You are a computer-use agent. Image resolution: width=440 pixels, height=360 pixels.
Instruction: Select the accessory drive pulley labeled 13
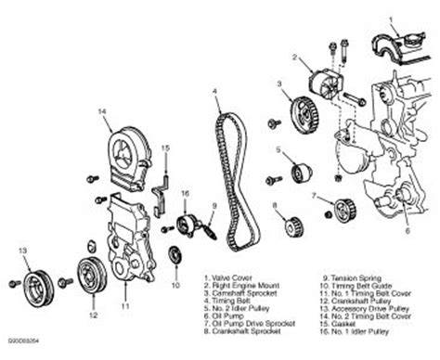pyautogui.click(x=37, y=280)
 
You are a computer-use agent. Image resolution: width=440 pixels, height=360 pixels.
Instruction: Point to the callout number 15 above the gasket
pyautogui.click(x=164, y=148)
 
